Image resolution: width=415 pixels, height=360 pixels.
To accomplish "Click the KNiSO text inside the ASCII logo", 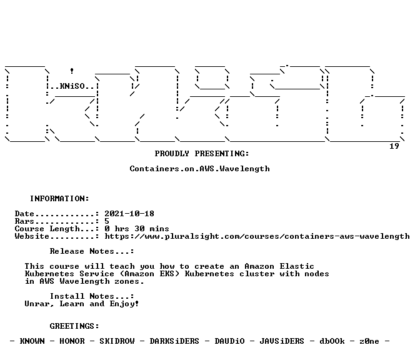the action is (72, 86).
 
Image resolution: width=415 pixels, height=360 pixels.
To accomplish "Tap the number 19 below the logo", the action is (394, 146).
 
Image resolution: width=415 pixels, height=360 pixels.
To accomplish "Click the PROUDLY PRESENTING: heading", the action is (202, 154).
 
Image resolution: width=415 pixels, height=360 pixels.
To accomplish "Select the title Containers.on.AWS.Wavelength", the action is (199, 169).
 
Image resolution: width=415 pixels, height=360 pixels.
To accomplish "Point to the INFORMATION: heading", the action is (59, 199).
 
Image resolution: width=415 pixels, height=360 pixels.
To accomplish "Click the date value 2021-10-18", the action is (129, 214).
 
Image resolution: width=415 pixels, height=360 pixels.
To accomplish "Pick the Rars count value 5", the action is (107, 221).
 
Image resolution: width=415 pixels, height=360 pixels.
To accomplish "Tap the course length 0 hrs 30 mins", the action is (137, 229).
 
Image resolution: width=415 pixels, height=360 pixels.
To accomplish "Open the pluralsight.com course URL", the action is (257, 236).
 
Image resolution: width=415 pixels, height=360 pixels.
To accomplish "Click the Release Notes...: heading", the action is (92, 251).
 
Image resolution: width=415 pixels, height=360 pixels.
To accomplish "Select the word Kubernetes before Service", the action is (49, 274).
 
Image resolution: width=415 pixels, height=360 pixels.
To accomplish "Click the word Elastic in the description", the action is (297, 266).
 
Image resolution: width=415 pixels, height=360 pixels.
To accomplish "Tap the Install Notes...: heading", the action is (92, 296).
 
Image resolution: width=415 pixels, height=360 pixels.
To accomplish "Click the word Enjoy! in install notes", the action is (124, 304).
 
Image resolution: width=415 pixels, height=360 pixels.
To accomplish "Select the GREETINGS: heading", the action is (74, 326).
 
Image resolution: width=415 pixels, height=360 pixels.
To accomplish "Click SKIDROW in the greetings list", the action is (117, 341).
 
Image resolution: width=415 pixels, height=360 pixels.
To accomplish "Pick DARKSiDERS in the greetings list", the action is (174, 341).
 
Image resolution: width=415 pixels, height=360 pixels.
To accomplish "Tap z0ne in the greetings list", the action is (369, 341).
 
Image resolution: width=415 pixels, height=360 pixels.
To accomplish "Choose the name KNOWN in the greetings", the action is (32, 341).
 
